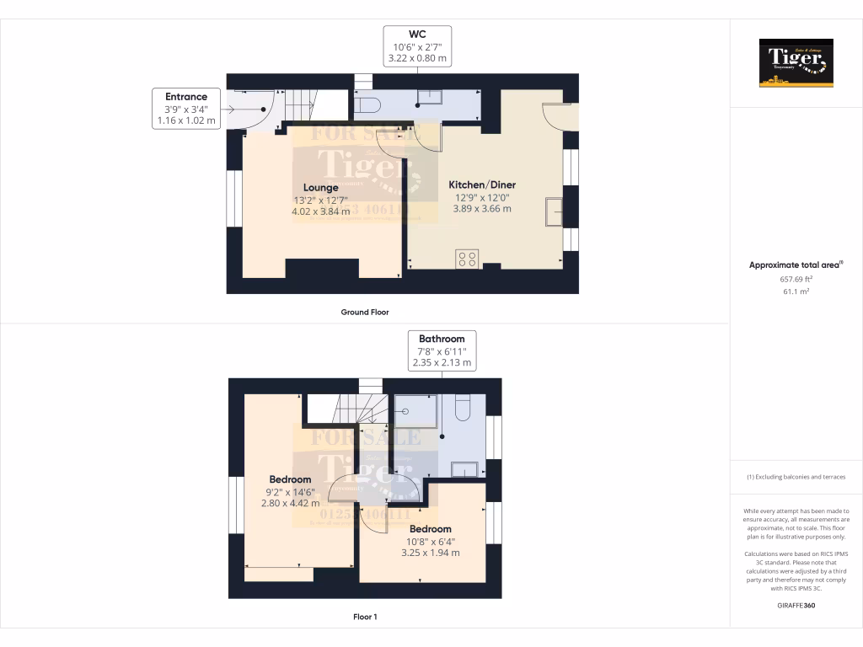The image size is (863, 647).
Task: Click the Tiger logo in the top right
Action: point(796,63)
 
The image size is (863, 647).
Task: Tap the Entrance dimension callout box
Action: point(186,108)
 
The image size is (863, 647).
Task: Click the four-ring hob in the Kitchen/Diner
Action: point(467,259)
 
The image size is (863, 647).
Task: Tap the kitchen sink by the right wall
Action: point(555,211)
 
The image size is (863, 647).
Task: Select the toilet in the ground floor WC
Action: point(368,104)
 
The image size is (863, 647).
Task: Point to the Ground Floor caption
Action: point(364,312)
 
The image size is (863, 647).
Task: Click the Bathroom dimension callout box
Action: point(442,350)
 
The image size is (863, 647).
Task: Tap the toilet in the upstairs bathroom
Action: point(463,408)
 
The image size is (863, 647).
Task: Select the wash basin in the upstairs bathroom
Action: point(465,469)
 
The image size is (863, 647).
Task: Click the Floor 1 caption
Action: point(364,617)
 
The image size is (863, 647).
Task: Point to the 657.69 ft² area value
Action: point(796,278)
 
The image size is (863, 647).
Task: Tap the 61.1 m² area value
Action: point(796,291)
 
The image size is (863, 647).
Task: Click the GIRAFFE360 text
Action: point(796,605)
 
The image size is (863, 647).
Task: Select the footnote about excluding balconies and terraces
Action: point(796,477)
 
